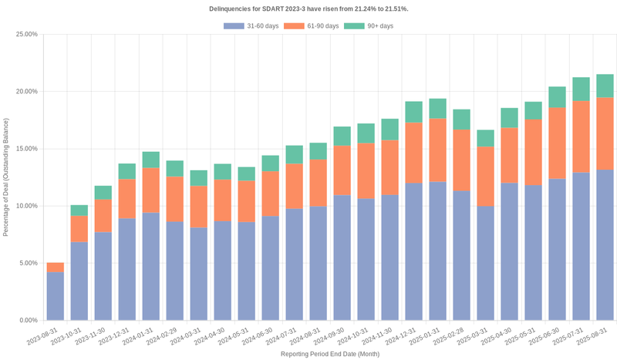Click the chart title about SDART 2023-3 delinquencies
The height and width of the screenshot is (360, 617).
(x=308, y=8)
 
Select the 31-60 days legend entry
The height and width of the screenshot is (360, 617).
(x=251, y=26)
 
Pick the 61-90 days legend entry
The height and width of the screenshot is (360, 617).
(x=311, y=26)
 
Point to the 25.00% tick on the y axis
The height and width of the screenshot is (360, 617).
(x=26, y=35)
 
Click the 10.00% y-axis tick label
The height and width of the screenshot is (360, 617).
(x=26, y=206)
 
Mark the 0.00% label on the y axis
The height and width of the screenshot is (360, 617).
(x=28, y=320)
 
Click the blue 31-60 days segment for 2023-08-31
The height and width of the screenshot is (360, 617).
(x=56, y=296)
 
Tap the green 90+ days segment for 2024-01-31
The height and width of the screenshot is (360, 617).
(x=151, y=160)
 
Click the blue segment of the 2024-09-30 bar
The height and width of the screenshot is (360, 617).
(x=342, y=257)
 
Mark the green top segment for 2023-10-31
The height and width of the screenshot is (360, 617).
(x=79, y=210)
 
